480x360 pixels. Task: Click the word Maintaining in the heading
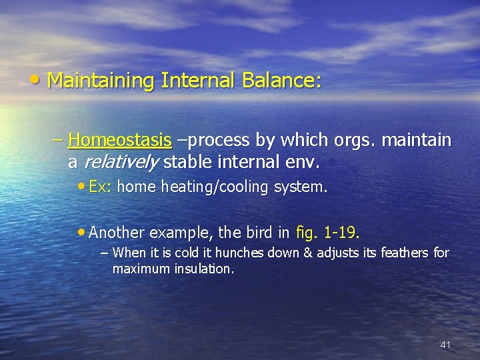pyautogui.click(x=101, y=81)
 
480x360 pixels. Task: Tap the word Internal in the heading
pyautogui.click(x=197, y=81)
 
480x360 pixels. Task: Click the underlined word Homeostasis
pyautogui.click(x=120, y=141)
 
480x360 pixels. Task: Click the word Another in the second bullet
pyautogui.click(x=117, y=233)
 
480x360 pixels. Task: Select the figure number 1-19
pyautogui.click(x=341, y=233)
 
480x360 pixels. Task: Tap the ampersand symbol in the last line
pyautogui.click(x=294, y=253)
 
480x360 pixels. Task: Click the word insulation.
pyautogui.click(x=205, y=269)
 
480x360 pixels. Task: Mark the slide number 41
pyautogui.click(x=445, y=345)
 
